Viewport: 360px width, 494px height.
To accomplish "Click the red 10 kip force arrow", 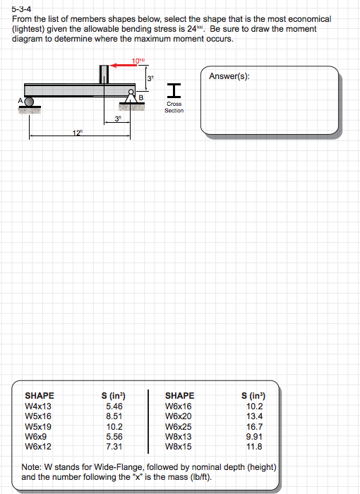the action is pos(123,66).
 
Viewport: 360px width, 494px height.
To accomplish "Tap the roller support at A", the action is pos(29,102).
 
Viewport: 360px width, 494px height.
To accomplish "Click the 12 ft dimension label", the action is pos(77,133).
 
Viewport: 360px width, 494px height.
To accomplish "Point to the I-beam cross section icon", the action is pos(174,90).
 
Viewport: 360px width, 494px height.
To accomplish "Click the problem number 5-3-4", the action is pos(21,9).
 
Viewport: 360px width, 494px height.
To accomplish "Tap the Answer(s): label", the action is pos(229,76).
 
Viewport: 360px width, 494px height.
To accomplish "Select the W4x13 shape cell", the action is pos(38,406).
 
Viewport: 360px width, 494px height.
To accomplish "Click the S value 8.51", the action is pos(114,416).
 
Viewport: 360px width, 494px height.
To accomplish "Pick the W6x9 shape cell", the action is pos(35,437).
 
